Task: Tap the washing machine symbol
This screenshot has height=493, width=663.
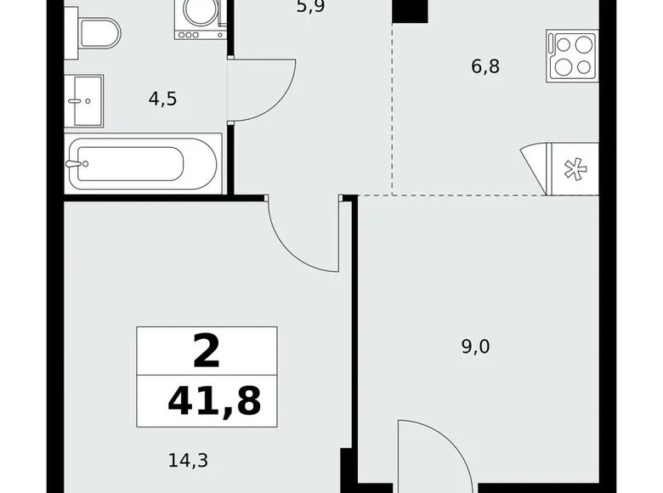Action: coord(200,20)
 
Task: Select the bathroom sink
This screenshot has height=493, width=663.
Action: coord(84,101)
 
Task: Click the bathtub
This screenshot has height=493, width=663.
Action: coord(143,164)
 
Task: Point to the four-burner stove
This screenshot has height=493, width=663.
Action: coord(573,56)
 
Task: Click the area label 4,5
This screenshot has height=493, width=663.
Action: coord(163,99)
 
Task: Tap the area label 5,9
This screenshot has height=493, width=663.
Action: coord(311,7)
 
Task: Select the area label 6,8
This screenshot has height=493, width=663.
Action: coord(485,67)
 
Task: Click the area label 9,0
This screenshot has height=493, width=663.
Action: coord(476,347)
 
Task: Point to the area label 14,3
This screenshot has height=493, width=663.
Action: coord(188,461)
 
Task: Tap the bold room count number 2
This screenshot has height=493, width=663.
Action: coord(207,351)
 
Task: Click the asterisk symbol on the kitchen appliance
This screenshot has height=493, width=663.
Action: coord(575,169)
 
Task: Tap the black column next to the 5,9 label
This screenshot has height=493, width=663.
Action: coord(410,11)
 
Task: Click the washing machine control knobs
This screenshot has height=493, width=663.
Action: coord(188,35)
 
